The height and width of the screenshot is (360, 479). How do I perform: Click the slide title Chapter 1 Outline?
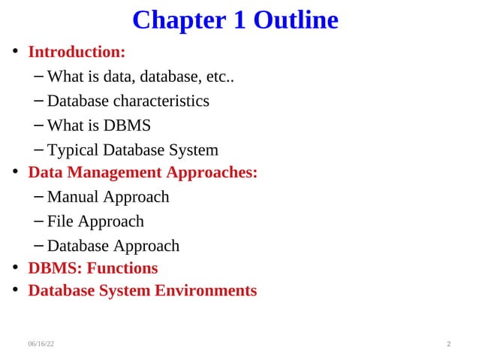pos(235,20)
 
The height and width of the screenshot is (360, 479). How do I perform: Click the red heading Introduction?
pos(77,53)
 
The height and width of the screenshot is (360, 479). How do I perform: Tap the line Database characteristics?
pos(128,101)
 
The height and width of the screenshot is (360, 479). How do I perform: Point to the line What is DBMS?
pos(98,125)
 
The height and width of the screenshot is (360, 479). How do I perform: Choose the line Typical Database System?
pos(132,150)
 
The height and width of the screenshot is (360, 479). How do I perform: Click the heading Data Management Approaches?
pos(143,173)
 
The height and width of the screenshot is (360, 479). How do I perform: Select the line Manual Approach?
pos(107,197)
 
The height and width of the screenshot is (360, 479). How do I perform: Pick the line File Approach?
pos(95,222)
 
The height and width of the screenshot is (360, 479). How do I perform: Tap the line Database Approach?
pos(113,246)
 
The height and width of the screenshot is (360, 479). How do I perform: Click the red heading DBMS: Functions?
pos(93,268)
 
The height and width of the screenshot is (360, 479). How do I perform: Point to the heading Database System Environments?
pos(143,291)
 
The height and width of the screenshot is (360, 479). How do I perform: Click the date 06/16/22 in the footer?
pos(41,343)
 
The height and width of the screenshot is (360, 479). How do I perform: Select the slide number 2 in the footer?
pos(448,343)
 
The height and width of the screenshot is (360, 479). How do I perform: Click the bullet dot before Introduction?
pos(14,53)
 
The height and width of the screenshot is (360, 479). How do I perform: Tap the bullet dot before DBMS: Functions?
pos(14,269)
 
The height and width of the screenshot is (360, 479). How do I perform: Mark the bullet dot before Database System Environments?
pos(14,292)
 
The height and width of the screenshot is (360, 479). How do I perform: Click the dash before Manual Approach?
pos(39,198)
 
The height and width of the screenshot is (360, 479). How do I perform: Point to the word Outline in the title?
pos(295,20)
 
